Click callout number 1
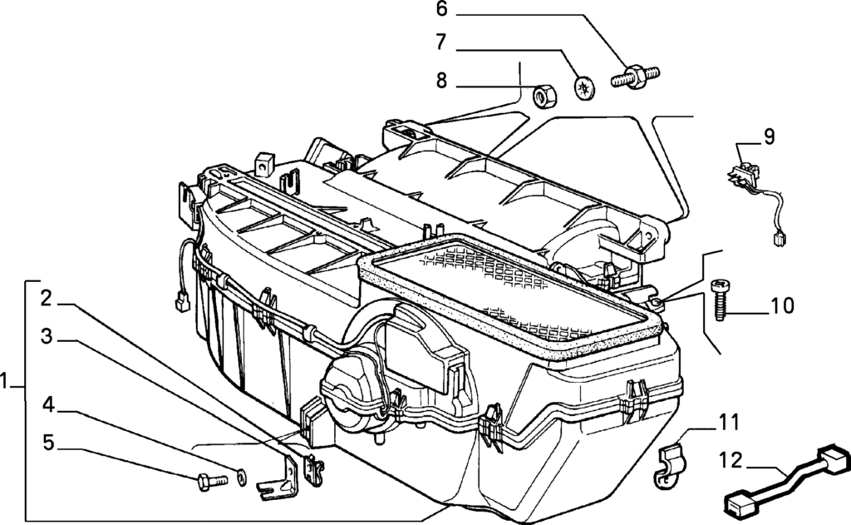(7, 384)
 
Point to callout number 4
(49, 405)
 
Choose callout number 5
(49, 443)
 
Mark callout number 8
(441, 81)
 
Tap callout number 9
(769, 137)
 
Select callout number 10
(782, 306)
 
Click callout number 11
(729, 423)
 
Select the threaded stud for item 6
(636, 77)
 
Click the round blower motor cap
(350, 397)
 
